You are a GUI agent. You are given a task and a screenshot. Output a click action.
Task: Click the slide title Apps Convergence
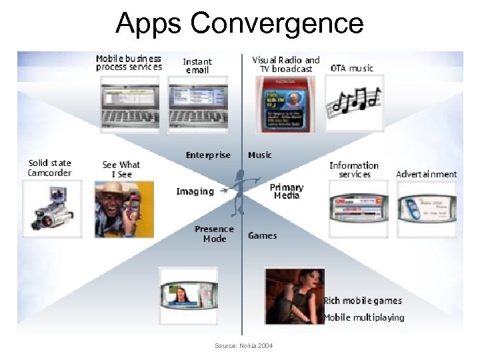pos(239,23)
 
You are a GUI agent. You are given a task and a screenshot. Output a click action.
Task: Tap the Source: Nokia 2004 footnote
pos(243,345)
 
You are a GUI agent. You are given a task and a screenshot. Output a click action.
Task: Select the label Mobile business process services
pos(129,63)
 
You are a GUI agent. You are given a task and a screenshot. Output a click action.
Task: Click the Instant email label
pos(197,65)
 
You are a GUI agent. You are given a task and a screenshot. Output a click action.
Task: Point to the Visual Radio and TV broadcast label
pos(285,64)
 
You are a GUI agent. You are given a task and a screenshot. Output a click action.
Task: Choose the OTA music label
pos(352,68)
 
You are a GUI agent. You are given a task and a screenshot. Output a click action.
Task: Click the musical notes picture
pos(354,102)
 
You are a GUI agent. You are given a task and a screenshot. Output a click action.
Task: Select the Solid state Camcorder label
pos(49,167)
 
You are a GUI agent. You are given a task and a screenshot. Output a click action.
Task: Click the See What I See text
pos(121,169)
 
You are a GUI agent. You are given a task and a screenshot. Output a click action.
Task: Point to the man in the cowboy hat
pos(123,210)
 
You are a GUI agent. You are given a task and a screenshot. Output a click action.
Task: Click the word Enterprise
pos(208,155)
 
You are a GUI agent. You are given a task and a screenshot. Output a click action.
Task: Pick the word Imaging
pos(195,191)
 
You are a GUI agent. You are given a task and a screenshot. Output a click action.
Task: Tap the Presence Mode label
pos(214,234)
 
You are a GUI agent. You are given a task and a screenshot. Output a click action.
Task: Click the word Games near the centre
pos(262,235)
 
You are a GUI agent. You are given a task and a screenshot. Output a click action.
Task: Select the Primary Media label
pos(287,191)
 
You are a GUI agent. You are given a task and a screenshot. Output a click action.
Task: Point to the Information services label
pos(354,169)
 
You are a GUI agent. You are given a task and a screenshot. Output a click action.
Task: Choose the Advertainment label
pos(426,174)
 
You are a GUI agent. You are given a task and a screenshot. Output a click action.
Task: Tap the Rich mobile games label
pos(363,301)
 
